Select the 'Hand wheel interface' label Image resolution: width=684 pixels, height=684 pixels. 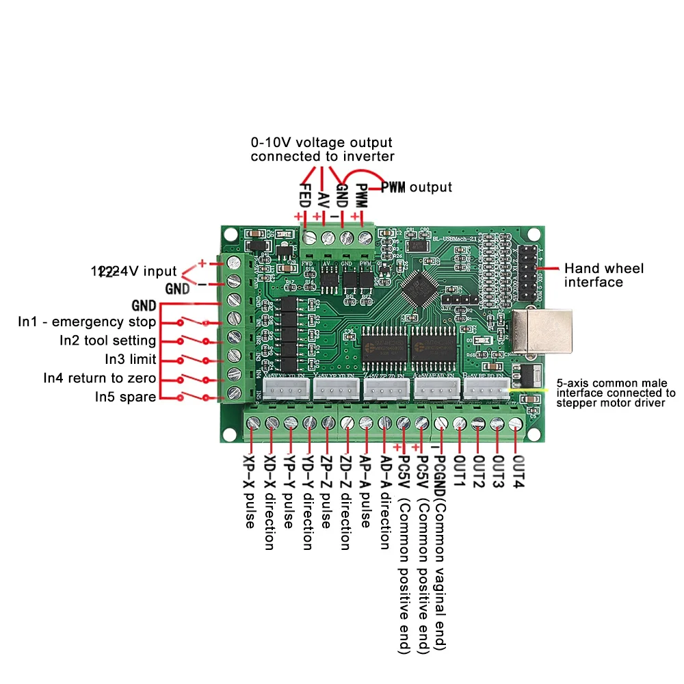click(x=603, y=275)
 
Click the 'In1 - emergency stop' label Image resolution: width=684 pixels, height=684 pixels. click(x=87, y=322)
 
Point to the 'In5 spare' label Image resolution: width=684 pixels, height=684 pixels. click(x=125, y=396)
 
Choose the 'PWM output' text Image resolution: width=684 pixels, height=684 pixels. click(x=416, y=187)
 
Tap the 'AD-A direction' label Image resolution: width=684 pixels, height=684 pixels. click(x=384, y=503)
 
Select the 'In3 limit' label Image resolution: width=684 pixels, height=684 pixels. click(x=131, y=359)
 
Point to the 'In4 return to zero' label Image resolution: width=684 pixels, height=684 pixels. click(x=100, y=378)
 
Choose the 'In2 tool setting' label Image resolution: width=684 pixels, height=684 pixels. click(x=107, y=341)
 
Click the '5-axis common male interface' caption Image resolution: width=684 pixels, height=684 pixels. click(x=616, y=393)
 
